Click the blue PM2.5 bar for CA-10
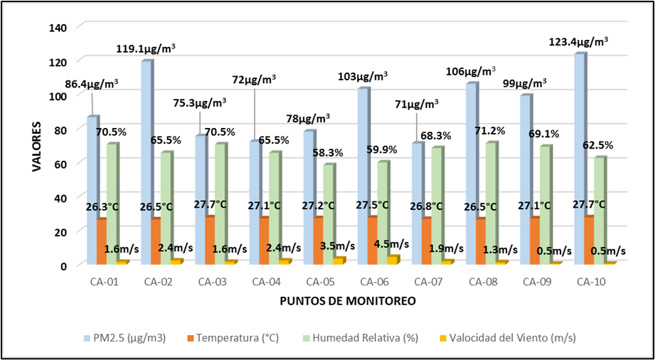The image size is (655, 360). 580,157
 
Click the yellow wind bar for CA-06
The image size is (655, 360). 393,260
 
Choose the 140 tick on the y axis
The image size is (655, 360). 58,27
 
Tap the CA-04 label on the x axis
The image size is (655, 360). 268,282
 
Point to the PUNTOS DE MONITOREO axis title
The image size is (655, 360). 347,301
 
